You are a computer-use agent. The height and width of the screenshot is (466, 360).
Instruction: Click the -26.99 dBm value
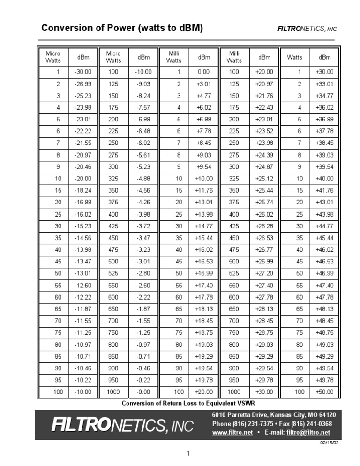click(83, 84)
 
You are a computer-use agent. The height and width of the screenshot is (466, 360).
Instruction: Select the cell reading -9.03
click(143, 84)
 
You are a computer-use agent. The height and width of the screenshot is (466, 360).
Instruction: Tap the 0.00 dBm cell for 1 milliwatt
click(204, 72)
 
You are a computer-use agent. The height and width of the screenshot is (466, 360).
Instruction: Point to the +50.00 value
click(324, 391)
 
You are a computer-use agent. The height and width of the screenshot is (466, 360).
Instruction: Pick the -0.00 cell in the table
click(143, 391)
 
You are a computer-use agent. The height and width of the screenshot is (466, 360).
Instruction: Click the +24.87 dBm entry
click(264, 166)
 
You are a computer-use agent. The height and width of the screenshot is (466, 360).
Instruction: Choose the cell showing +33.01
click(324, 84)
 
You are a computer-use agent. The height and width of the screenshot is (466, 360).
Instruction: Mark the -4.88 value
click(143, 179)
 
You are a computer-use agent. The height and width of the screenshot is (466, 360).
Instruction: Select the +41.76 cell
click(324, 190)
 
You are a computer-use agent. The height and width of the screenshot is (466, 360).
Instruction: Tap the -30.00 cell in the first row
click(83, 72)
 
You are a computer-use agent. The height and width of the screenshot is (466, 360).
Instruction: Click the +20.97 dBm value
click(264, 84)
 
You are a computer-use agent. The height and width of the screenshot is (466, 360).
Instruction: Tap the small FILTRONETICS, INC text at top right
click(307, 29)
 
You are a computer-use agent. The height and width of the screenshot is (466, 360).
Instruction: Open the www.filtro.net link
click(232, 432)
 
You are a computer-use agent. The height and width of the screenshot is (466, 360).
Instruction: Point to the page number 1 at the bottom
click(187, 453)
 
